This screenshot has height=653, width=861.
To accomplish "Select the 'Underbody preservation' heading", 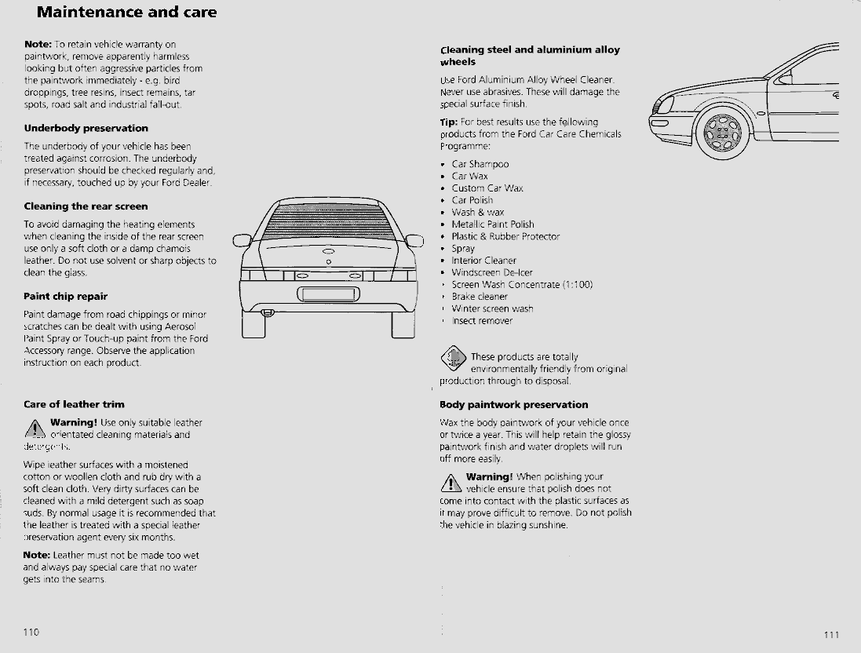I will pos(86,128).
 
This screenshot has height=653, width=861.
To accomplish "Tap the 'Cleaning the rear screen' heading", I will pos(86,206).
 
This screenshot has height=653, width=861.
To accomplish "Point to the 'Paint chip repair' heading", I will pos(65,297).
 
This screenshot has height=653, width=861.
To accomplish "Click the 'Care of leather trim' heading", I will pos(74,405).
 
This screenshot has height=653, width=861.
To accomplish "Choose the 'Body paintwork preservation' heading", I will pos(513,405).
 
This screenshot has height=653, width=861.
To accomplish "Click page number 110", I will pos(31,632).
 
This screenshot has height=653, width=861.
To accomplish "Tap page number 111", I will pos(831,635).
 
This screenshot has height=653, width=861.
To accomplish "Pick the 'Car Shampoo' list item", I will pos(480,164).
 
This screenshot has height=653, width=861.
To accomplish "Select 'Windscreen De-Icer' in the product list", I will pos(491,272).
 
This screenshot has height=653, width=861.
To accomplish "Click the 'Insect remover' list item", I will pos(481,320).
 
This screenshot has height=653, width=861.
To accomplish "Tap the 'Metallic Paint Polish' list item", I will pos(492,224).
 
